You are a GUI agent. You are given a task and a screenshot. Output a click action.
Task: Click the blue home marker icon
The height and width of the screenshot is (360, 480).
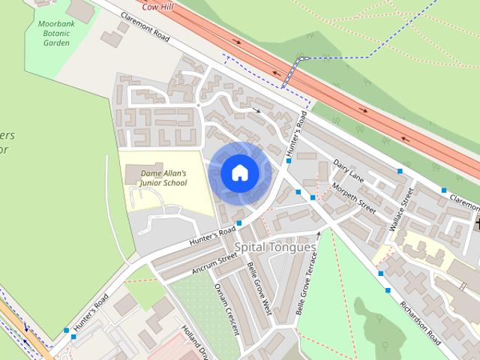(x=239, y=172)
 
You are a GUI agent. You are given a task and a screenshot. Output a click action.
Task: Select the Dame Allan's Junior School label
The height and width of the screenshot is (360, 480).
(x=163, y=178)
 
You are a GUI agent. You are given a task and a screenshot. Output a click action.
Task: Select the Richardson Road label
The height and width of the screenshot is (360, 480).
(x=420, y=322)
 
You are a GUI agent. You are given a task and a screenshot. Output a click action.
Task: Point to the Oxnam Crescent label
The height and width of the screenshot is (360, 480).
(x=226, y=307)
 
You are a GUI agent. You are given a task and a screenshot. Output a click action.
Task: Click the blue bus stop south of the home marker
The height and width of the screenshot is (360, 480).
(x=238, y=223)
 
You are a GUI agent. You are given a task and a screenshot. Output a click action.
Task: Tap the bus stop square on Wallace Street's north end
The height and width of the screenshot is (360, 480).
(x=400, y=172)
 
